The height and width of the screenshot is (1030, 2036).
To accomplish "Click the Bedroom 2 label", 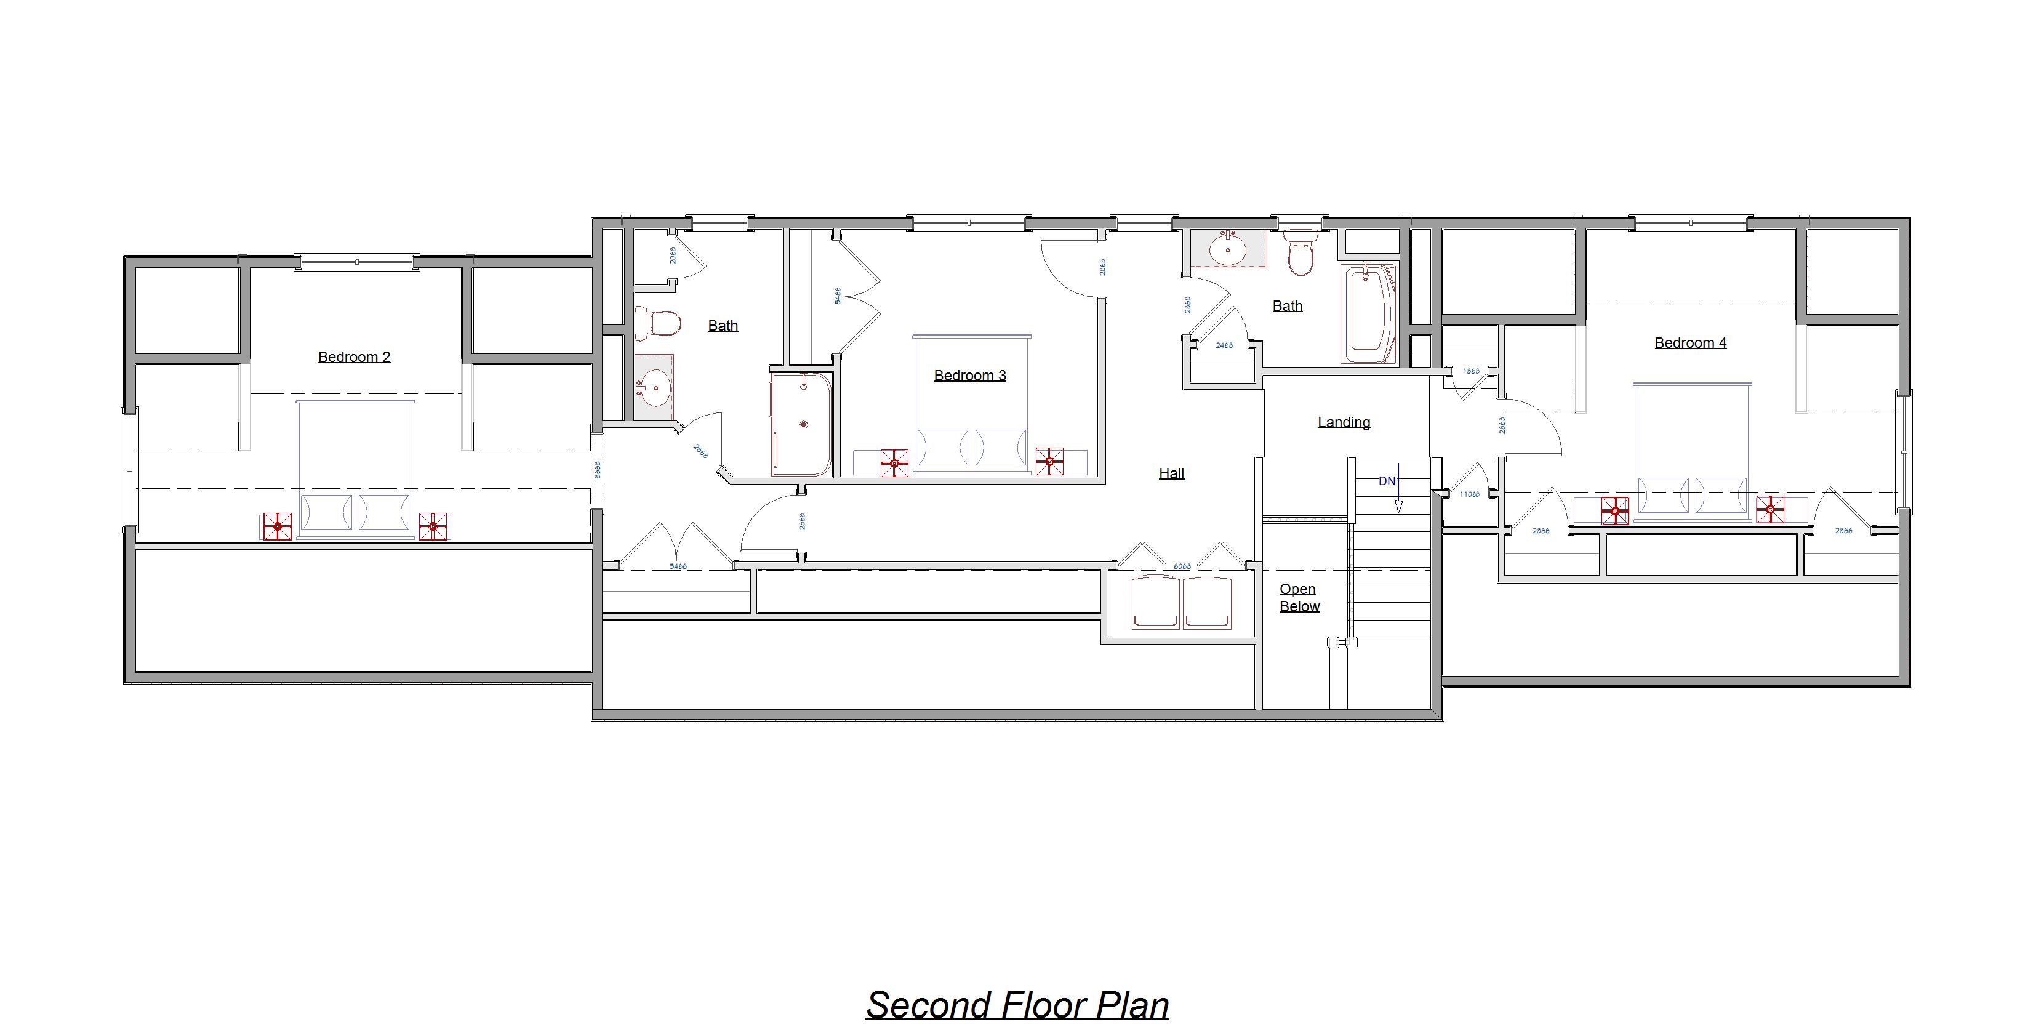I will (353, 356).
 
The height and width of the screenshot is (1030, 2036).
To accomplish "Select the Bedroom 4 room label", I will (1690, 342).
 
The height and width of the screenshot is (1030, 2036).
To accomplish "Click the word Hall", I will (1171, 473).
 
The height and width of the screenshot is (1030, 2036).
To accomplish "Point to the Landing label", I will (1343, 422).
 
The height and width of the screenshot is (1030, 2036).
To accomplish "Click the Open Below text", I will (1299, 598).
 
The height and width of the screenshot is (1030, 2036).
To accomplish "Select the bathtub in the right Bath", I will (1368, 314).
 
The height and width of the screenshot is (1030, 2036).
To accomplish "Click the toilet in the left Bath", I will (659, 323).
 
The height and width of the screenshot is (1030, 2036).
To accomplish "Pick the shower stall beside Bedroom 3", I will (801, 424).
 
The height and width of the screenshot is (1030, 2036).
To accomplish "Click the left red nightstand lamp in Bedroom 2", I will (276, 526).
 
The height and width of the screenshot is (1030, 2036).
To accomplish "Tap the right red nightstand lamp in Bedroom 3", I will (1049, 461).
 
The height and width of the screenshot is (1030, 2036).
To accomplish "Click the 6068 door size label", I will (1182, 566).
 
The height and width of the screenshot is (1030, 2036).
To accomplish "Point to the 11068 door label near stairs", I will (1469, 494).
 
